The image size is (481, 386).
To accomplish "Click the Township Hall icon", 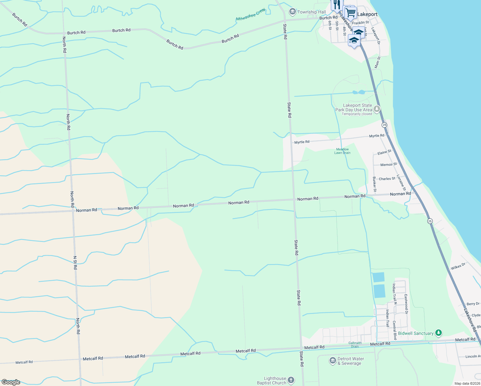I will (292, 12).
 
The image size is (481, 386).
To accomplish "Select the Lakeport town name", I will (367, 14).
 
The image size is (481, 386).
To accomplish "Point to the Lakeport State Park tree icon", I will (377, 109).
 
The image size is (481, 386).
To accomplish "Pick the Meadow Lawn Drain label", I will (342, 151).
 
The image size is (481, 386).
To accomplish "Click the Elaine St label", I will (384, 152).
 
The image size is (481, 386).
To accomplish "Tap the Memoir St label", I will (388, 165).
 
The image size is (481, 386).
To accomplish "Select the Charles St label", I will (387, 179).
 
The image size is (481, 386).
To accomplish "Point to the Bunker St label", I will (374, 184).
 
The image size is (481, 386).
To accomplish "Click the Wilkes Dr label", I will (458, 266).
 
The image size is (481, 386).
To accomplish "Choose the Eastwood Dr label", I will (406, 304).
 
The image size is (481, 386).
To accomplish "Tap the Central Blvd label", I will (395, 330).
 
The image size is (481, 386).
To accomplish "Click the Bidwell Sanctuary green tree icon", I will (438, 333).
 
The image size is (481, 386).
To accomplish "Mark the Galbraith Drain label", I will (355, 345).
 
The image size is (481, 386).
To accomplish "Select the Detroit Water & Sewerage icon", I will (333, 361).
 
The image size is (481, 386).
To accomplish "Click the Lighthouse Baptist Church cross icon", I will (291, 381).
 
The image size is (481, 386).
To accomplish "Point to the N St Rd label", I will (75, 263).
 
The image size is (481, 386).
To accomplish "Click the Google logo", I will (11, 382).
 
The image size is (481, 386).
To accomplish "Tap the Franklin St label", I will (360, 23).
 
